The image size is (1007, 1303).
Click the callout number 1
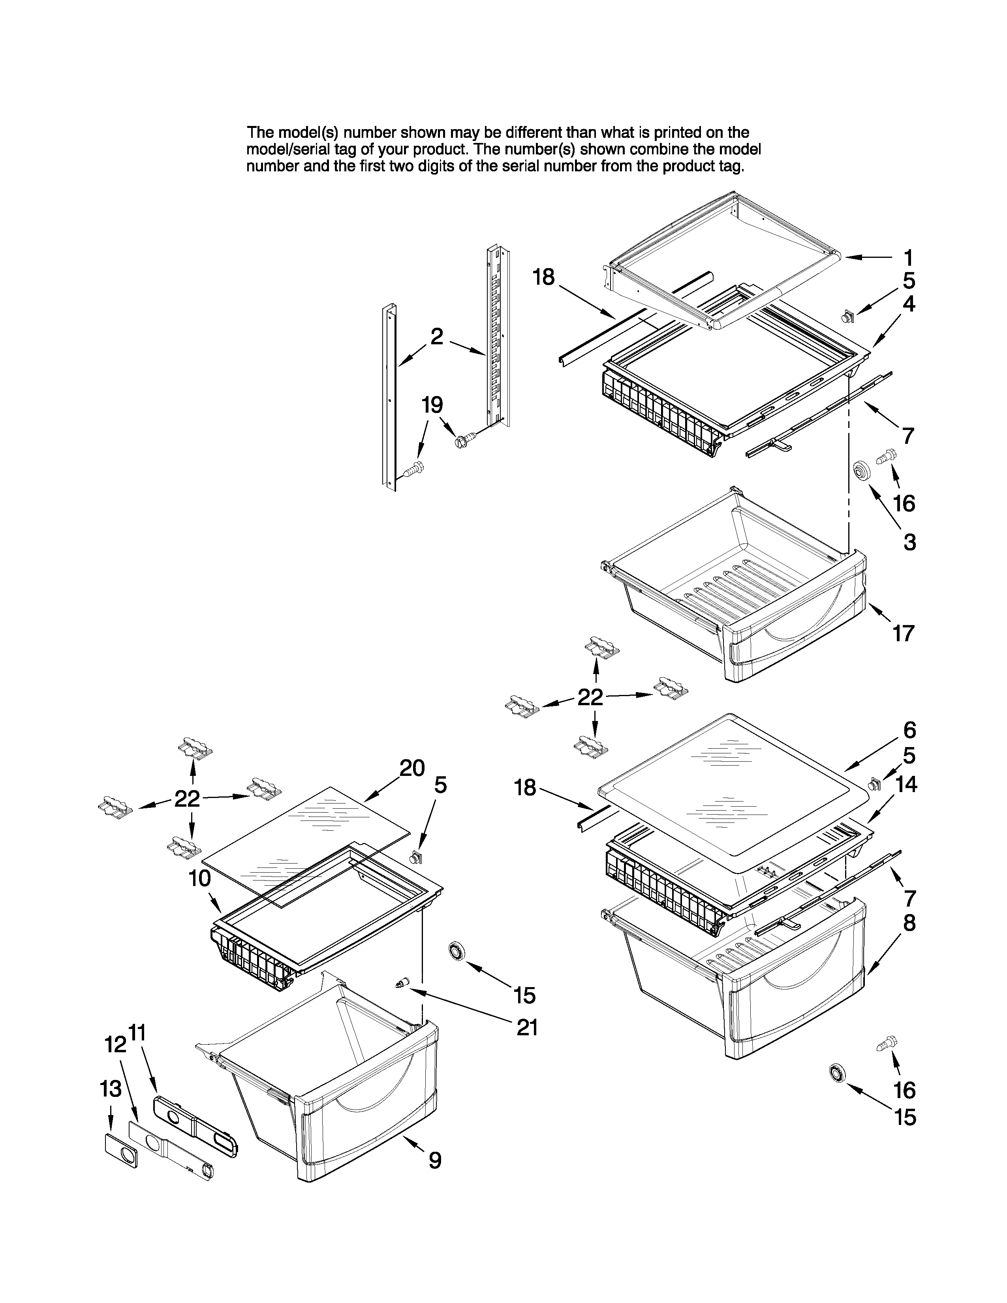908,258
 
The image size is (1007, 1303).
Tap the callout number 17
903,633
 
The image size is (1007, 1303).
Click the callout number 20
411,768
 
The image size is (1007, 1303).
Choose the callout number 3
909,542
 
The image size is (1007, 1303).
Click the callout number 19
432,405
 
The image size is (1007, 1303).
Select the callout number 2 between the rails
437,337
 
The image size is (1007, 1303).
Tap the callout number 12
115,1045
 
